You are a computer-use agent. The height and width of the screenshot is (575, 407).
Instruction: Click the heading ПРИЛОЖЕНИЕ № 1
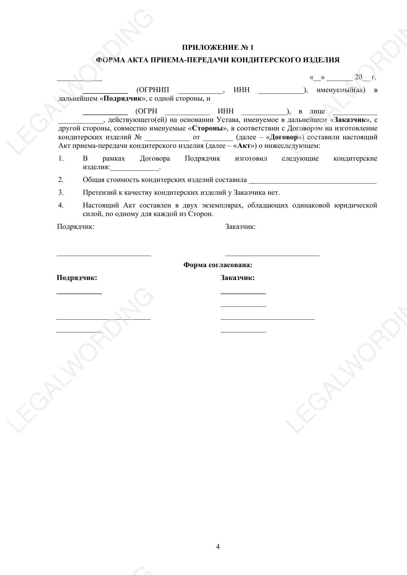(217, 48)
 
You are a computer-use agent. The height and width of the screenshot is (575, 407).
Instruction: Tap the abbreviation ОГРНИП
(153, 90)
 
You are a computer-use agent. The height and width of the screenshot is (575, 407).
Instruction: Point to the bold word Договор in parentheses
(284, 137)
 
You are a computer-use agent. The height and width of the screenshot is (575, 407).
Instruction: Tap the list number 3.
(61, 193)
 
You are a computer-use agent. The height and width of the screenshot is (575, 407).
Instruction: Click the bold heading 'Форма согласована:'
(217, 265)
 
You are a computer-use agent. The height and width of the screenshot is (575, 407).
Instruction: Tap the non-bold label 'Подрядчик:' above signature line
(76, 227)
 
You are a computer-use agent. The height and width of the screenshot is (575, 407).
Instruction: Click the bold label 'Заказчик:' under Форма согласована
(237, 278)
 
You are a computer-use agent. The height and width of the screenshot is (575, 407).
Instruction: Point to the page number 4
(218, 547)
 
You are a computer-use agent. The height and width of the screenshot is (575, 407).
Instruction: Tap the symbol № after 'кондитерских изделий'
(138, 137)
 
